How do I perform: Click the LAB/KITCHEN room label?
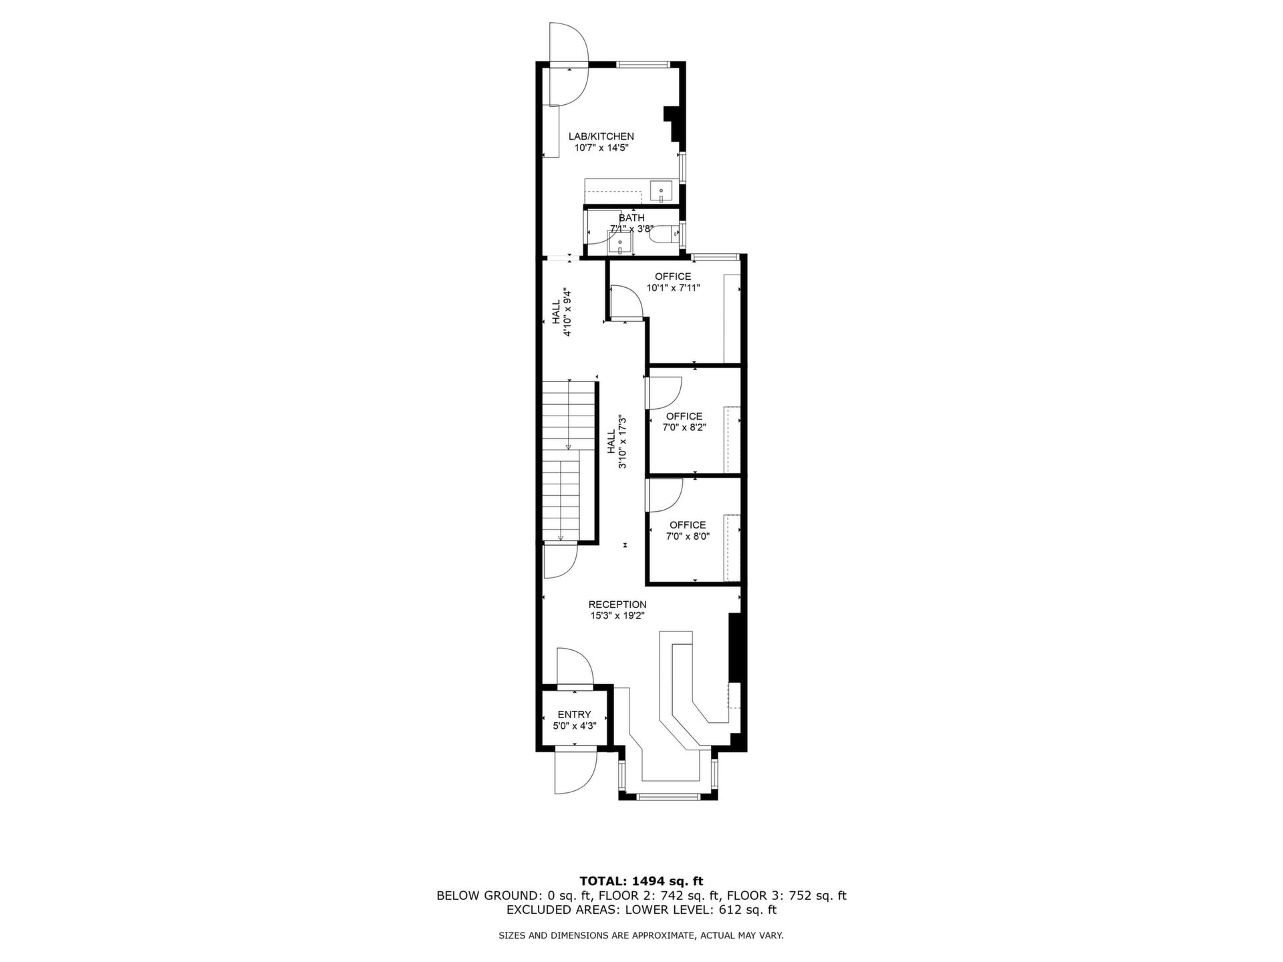pos(601,136)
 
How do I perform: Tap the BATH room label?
pos(631,218)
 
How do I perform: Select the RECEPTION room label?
pos(617,605)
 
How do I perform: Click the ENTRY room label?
pos(575,714)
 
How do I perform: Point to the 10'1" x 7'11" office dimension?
pos(673,288)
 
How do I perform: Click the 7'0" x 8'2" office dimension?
pos(684,428)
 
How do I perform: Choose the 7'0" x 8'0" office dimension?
pos(688,536)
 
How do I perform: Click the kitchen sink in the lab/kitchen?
pos(662,191)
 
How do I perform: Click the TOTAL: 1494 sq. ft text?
pos(641,881)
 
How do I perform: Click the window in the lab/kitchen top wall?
pos(642,65)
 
